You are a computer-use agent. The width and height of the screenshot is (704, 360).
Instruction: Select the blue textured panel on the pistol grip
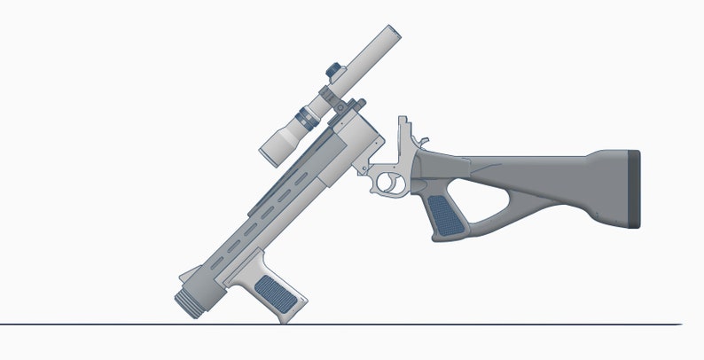coord(444,215)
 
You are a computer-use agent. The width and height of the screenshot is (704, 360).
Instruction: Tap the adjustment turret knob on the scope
coord(333,68)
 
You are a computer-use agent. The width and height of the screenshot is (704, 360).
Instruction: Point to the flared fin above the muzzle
coord(188,274)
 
